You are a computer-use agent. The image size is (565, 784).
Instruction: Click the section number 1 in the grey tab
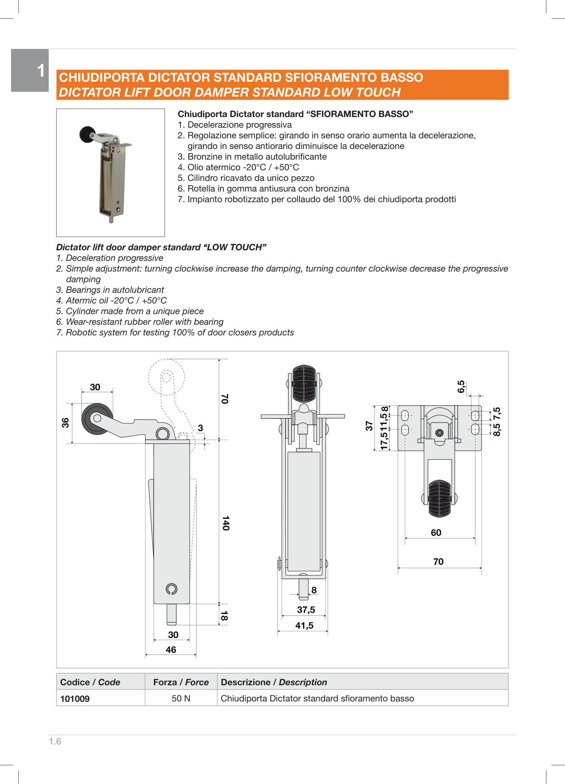tap(41, 71)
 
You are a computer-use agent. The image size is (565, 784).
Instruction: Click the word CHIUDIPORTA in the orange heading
tap(102, 77)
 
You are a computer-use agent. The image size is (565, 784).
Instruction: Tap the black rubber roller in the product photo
tap(88, 134)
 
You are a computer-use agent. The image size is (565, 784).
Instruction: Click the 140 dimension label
tap(225, 523)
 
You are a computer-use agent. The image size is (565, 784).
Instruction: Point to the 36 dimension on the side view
tap(65, 423)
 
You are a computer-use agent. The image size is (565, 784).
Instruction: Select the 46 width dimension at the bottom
tap(171, 650)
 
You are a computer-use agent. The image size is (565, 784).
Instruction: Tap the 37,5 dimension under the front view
tap(306, 610)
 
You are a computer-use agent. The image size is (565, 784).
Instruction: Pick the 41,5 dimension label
tap(304, 626)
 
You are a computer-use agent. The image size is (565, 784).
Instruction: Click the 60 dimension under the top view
tap(436, 533)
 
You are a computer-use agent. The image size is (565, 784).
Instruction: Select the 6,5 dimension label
tap(461, 386)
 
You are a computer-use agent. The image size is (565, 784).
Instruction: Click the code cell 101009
tap(75, 699)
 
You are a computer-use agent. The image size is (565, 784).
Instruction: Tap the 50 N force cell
tap(181, 698)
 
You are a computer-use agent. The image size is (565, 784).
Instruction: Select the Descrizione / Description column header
tap(274, 682)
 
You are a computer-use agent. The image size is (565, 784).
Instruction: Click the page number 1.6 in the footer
tap(55, 741)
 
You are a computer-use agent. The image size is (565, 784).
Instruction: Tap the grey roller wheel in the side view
tap(97, 419)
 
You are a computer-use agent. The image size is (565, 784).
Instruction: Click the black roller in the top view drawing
tap(439, 498)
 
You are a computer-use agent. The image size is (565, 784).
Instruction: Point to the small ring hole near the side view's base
tap(171, 589)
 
